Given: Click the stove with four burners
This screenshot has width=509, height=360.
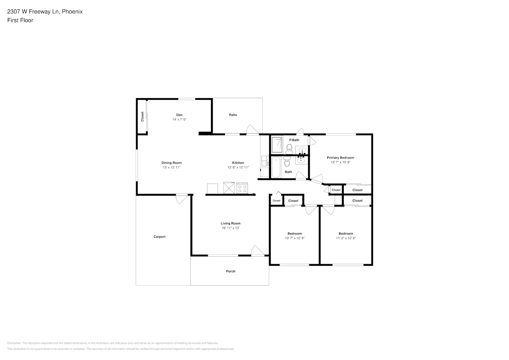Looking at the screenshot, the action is point(242,188).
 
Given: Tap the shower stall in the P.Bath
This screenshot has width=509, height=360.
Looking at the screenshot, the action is point(277,145).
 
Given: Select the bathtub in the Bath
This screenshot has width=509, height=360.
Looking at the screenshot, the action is point(276,167).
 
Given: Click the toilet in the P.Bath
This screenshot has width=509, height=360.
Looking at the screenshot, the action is point(289,149).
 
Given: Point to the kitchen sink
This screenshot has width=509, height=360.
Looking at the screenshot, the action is point(265,161).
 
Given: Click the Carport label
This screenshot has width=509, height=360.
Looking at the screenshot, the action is point(159,237).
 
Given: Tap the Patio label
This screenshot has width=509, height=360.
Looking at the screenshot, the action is point(233,115).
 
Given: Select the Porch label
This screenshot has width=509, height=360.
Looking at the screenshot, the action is point(231,271).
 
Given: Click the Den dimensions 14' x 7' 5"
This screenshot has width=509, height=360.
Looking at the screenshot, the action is point(179,120).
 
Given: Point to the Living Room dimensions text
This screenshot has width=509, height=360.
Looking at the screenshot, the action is point(231,228).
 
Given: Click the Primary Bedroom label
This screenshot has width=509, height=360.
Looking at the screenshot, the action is point(341,158).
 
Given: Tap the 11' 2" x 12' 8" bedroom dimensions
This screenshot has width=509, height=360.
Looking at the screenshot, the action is point(346,238).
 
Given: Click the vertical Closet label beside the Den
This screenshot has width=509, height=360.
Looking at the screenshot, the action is point(143,117).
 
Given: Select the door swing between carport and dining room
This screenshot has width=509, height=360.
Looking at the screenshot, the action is point(182,199).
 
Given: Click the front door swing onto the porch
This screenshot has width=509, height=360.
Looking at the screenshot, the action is point(258,251).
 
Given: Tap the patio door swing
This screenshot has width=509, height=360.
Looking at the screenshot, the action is point(253,130).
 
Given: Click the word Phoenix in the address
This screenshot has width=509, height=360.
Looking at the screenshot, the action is point(72,12).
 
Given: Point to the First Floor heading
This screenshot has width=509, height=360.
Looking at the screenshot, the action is point(20,20).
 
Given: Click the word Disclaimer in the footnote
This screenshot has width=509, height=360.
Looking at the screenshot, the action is point(14,343).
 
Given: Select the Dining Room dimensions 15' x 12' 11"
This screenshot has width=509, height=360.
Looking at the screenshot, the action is point(172,167).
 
